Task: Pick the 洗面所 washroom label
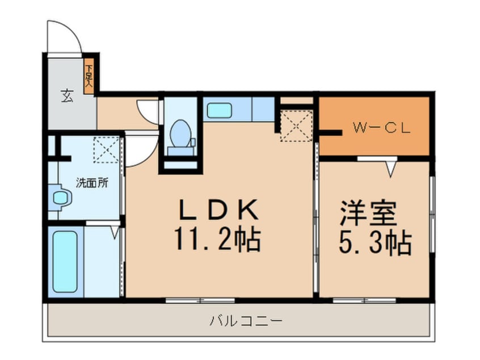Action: pyautogui.click(x=92, y=183)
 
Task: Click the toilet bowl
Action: pyautogui.click(x=181, y=133)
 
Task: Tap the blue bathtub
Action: pyautogui.click(x=65, y=261)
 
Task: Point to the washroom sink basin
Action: pyautogui.click(x=60, y=198)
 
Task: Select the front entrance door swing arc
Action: pyautogui.click(x=64, y=37)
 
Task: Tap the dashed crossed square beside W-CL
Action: pyautogui.click(x=296, y=125)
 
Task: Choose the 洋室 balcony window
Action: pyautogui.click(x=356, y=299)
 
